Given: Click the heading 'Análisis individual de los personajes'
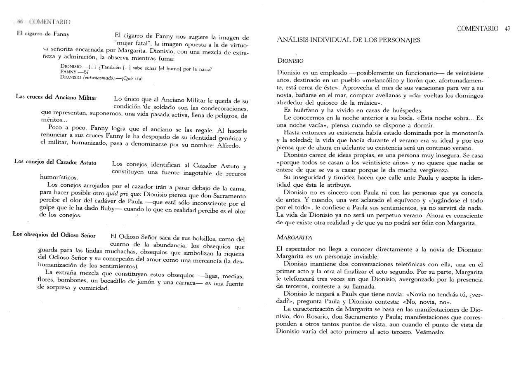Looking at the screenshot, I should pos(349,40).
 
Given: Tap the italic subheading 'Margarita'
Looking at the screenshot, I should pos(294,237).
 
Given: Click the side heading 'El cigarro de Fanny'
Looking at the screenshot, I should pos(43,34).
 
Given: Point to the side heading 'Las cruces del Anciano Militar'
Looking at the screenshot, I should pos(56,98).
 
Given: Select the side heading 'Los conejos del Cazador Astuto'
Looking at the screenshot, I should pos(55,162).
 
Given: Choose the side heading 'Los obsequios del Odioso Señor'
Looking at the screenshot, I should pos(54,235).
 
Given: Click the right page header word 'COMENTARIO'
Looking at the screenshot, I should pos(478,29).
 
